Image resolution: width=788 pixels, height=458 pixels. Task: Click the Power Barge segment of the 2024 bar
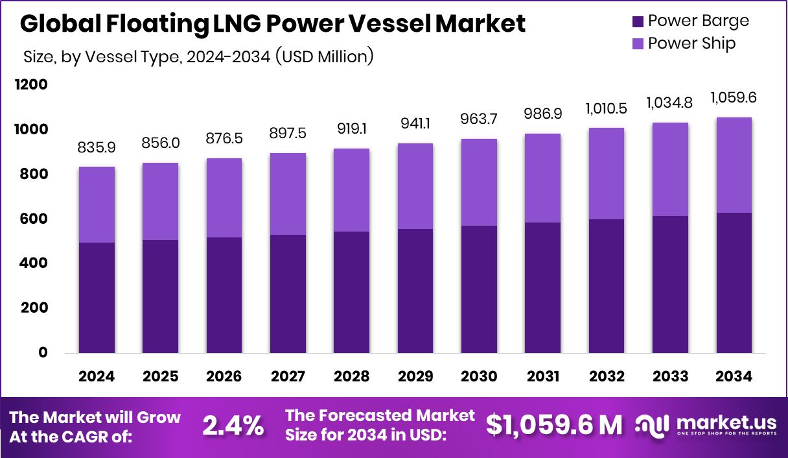coord(97,298)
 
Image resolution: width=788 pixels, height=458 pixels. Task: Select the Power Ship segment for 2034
coord(734,165)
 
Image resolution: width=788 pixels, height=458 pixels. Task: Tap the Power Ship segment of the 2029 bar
coord(415,186)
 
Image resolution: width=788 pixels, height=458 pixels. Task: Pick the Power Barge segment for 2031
coord(543,288)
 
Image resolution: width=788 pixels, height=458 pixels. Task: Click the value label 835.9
coord(97,148)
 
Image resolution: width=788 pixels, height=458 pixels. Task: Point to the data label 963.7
coord(480,119)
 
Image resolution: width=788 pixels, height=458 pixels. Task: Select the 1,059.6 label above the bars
coord(734,98)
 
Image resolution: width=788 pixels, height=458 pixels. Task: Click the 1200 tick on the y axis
coord(32,85)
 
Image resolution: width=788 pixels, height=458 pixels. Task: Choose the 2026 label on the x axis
coord(224,377)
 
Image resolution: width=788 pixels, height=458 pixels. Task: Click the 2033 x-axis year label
coord(671,377)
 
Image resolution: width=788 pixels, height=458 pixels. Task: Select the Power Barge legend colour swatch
coord(638,21)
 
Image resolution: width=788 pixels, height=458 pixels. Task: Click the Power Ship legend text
coord(691,43)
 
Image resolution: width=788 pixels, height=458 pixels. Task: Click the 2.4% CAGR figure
coord(233,426)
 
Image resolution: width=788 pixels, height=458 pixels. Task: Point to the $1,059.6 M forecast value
coord(554,425)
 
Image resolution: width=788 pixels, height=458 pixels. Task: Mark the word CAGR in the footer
coord(106,437)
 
